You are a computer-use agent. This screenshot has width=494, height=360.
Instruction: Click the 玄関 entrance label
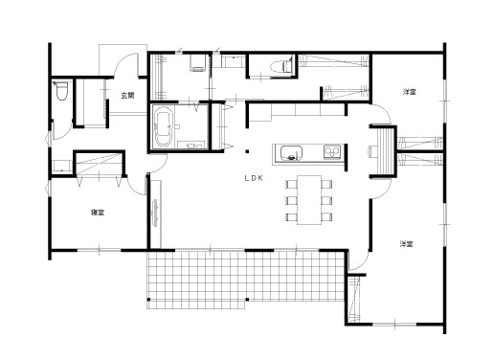[x=127, y=95]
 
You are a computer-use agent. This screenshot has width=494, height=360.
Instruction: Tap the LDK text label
[x=254, y=178]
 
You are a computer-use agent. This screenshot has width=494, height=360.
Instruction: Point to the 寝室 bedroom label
[x=98, y=213]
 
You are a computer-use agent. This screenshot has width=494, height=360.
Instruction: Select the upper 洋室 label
[x=409, y=92]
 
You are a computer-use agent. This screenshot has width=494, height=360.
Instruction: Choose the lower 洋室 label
[x=406, y=244]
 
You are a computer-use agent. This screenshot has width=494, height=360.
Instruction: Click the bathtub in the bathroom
[x=164, y=126]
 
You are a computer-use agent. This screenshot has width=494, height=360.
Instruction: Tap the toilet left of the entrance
[x=61, y=91]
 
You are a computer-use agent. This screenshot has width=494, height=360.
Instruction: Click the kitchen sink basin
[x=291, y=152]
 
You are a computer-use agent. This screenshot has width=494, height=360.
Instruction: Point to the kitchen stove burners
[x=332, y=152]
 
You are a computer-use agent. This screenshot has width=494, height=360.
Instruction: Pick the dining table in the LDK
[x=309, y=200]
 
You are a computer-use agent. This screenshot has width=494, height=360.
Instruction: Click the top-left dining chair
[x=292, y=184]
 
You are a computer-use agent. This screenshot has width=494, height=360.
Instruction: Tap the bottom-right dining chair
[x=326, y=217]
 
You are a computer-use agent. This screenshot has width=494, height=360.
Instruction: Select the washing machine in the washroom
[x=198, y=63]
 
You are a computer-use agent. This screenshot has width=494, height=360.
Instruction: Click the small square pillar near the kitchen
[x=247, y=151]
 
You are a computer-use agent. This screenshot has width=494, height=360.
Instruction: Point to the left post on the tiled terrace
[x=148, y=300]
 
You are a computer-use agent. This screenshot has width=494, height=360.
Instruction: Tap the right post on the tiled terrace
[x=247, y=300]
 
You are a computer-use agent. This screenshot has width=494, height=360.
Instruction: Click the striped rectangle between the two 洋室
[x=386, y=151]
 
